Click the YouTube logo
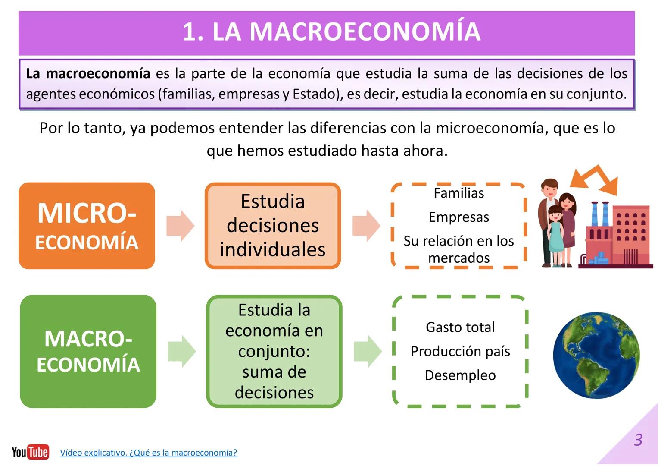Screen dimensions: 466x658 point(30,452)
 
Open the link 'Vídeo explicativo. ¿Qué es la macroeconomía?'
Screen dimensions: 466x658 point(149,453)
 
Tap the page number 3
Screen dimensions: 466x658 point(638,440)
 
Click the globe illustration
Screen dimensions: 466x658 point(596,355)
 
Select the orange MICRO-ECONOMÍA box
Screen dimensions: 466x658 point(87,226)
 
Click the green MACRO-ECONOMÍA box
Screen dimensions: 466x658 point(88,351)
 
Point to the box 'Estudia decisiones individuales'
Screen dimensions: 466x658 point(273,226)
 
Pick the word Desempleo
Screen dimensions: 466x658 point(460,375)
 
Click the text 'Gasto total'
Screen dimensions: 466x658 point(460,327)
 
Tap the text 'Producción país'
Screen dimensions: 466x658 point(460,352)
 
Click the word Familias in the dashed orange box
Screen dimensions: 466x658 point(459,193)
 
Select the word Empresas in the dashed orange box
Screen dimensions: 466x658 point(459,217)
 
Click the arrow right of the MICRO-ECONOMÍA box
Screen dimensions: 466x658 point(181,226)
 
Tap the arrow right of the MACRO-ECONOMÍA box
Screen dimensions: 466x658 point(182,351)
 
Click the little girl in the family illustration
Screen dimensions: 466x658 point(556,235)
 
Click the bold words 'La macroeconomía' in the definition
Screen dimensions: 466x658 point(88,73)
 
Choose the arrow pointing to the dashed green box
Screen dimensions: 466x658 point(368,351)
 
